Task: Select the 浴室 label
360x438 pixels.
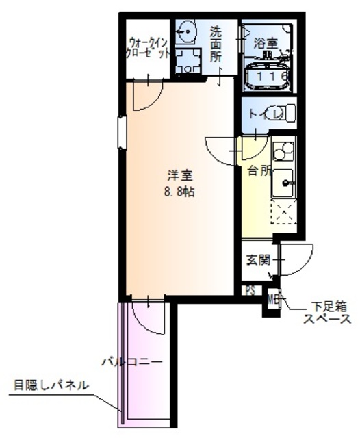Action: click(266, 43)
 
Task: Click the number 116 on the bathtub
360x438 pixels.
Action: click(271, 77)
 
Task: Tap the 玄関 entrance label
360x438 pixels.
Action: click(258, 259)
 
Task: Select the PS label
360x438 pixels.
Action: click(250, 290)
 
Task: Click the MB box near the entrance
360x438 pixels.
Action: click(273, 298)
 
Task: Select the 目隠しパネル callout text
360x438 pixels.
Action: click(51, 385)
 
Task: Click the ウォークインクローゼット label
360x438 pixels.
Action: click(148, 50)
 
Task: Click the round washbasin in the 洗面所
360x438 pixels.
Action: click(186, 31)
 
